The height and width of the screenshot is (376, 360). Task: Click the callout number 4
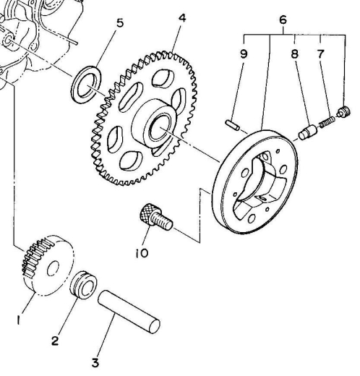coord(182,18)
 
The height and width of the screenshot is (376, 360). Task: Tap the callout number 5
coord(120,23)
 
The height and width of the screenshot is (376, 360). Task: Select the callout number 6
coord(283,20)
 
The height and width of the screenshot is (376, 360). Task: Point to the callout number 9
coord(244,54)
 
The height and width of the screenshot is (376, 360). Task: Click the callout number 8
coord(294,54)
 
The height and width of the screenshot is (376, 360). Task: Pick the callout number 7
coord(320,54)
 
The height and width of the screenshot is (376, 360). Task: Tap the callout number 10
coord(142,253)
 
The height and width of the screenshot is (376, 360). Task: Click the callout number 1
coord(18,320)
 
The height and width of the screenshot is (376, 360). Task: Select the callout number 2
coord(55,341)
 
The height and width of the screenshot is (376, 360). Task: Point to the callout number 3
coord(95,363)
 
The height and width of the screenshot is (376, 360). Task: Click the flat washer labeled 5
coord(86,85)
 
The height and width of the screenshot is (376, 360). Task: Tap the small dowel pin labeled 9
coord(233,125)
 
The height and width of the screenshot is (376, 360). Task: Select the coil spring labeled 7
coord(327,121)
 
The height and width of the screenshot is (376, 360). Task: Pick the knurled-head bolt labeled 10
coord(155,217)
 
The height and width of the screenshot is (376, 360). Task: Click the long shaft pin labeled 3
coord(129,312)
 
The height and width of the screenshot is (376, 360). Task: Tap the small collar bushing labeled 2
coord(83,285)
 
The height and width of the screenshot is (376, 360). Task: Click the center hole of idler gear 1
coord(53,268)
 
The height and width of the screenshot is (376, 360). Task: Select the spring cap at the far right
coord(343,112)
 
